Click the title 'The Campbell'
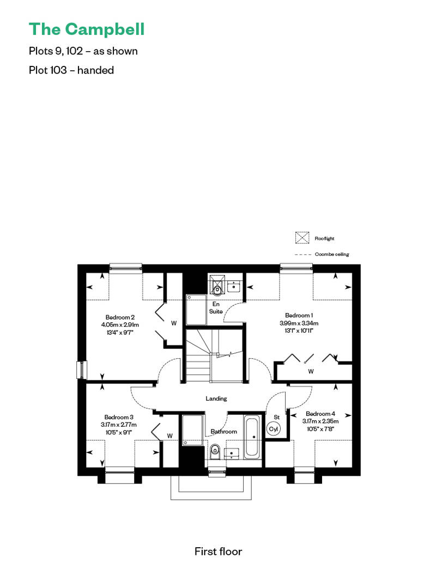(x=87, y=29)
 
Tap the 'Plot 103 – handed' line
(x=71, y=70)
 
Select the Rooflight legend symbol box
(x=302, y=238)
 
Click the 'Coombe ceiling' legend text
(x=332, y=254)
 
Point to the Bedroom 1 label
(x=299, y=315)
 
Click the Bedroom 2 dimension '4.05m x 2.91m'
(x=120, y=325)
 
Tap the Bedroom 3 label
(x=119, y=417)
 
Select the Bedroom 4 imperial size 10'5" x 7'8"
(x=320, y=429)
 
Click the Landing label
(x=216, y=399)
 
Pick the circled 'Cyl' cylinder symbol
(x=274, y=429)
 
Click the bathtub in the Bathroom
(x=252, y=437)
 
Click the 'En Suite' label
(x=216, y=308)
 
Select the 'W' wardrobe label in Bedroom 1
(x=311, y=371)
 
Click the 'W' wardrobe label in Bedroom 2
(x=174, y=323)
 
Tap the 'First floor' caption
(x=218, y=551)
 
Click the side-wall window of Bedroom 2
(x=82, y=370)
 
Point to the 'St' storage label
(x=276, y=417)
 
